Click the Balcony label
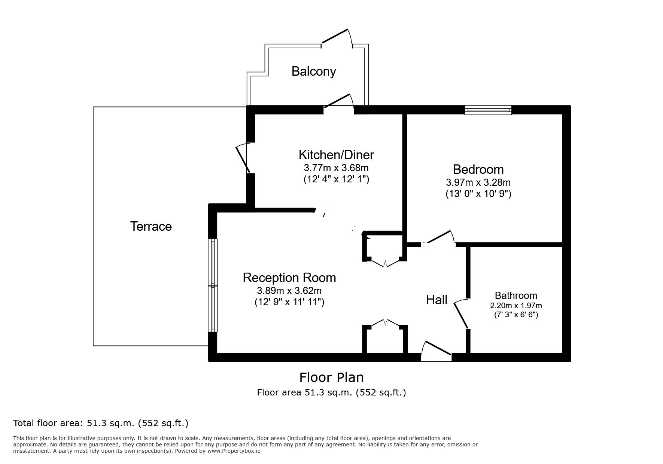pos(313,71)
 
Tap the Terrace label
pos(151,226)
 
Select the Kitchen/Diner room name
pos(336,155)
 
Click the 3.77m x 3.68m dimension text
pos(336,167)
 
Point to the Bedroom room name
pos(478,169)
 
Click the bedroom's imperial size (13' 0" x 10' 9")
pos(478,194)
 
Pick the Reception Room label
pos(289,278)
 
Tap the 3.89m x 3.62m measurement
pos(289,290)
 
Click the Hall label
pos(437,300)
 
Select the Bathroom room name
pos(516,295)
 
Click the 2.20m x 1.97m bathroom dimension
pos(516,306)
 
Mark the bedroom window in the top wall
pos(488,110)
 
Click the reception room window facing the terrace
pos(213,285)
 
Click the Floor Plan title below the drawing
pos(331,377)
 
